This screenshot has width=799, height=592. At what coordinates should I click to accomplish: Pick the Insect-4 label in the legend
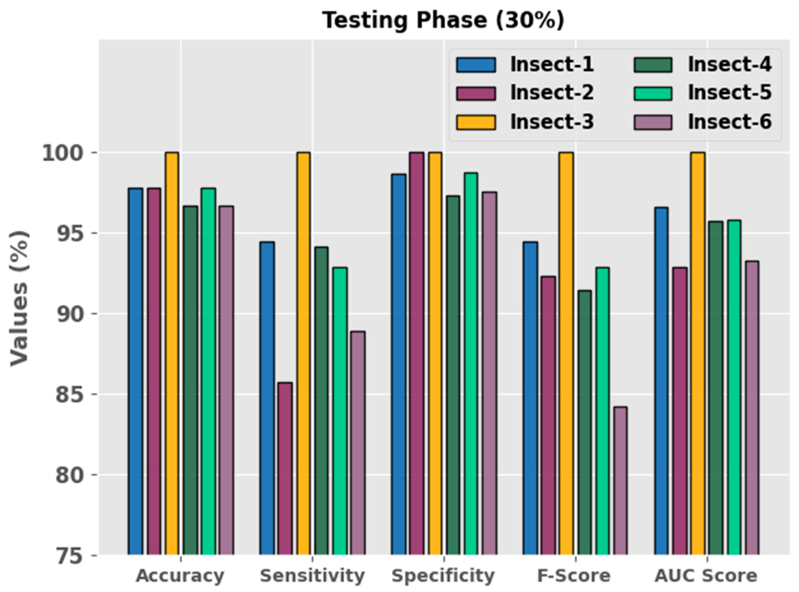[x=729, y=65]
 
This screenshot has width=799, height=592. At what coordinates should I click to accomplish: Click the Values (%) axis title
[x=19, y=297]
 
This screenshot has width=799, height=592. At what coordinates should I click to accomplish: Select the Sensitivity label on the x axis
[x=312, y=576]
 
